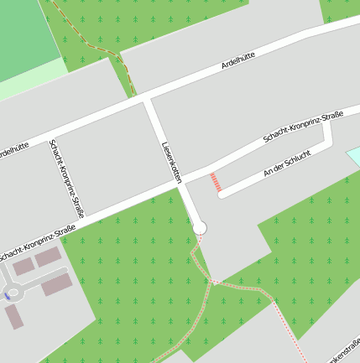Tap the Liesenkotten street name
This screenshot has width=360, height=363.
click(x=171, y=163)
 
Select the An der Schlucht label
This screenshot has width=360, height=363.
click(x=287, y=162)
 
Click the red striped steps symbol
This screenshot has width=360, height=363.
click(x=216, y=182)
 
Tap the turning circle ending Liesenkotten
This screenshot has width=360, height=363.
click(x=200, y=227)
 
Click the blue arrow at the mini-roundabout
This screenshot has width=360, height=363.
click(x=8, y=296)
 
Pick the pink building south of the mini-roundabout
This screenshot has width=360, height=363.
click(x=14, y=317)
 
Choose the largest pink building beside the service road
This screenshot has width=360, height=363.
click(x=57, y=284)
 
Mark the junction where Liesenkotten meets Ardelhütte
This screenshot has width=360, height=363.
click(x=148, y=99)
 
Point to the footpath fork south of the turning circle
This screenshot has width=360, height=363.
click(x=213, y=283)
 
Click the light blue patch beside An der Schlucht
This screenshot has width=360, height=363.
click(x=353, y=156)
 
